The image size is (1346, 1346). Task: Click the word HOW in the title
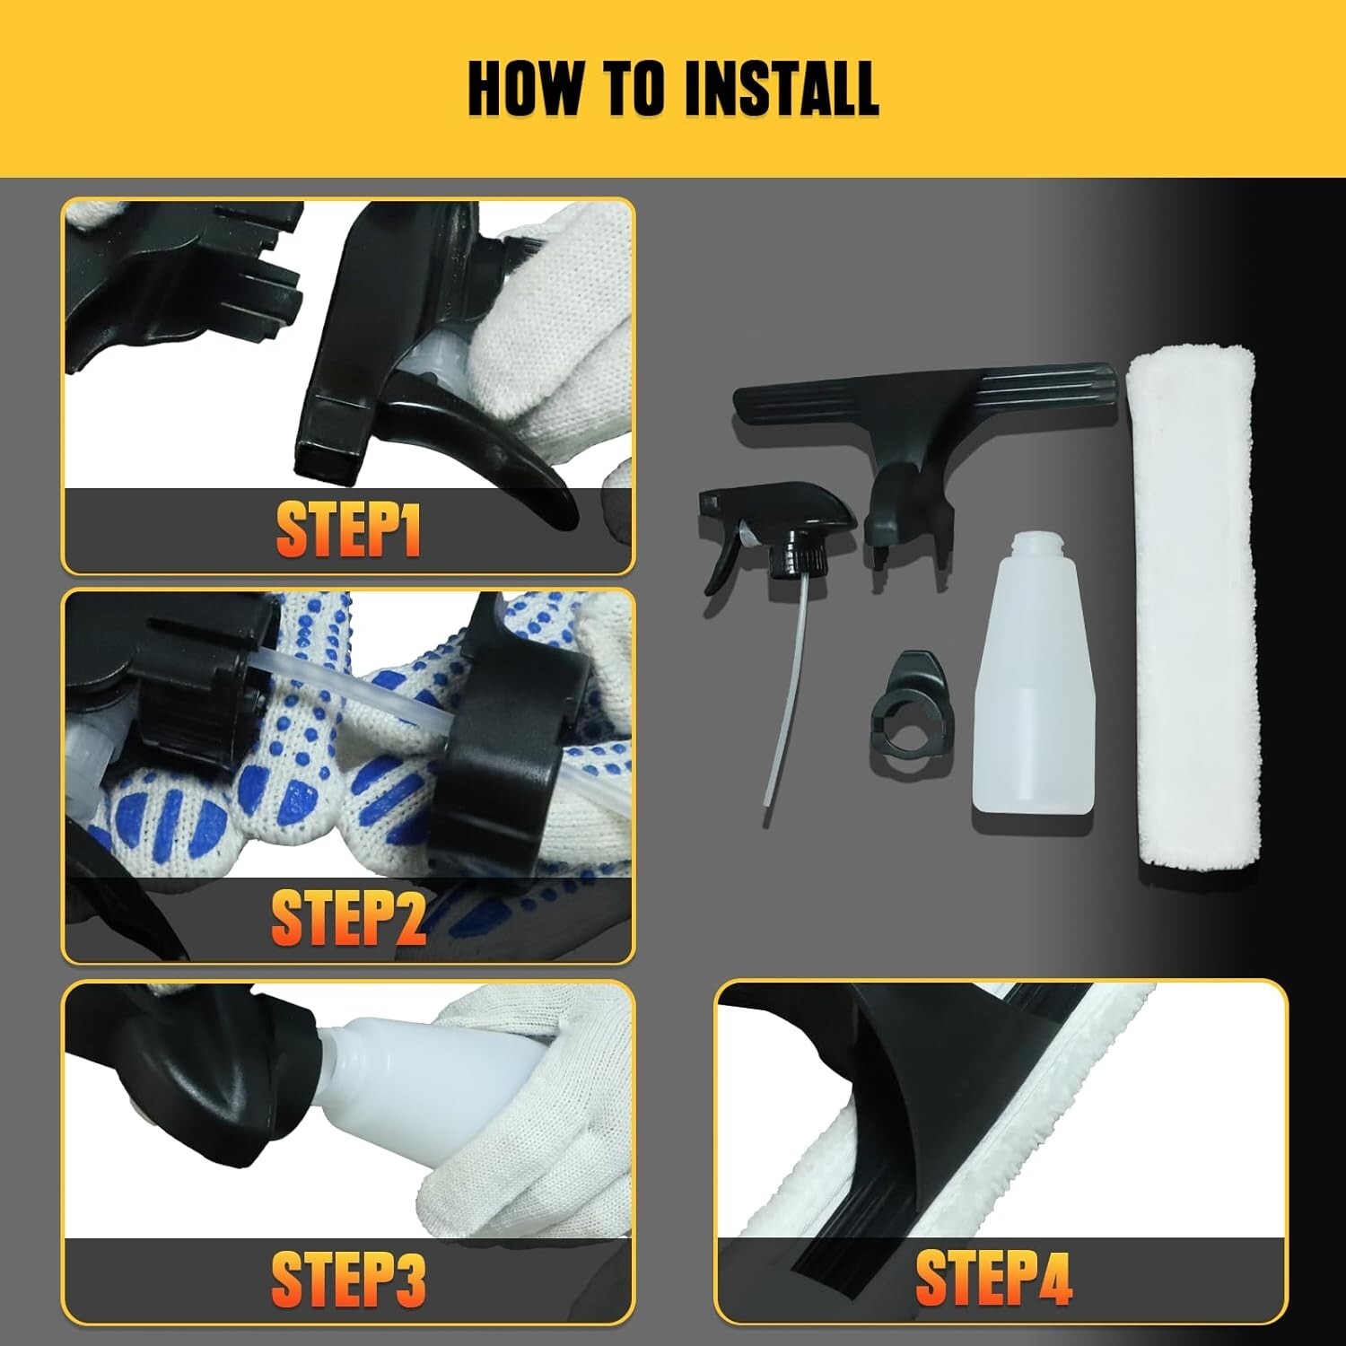[x=526, y=88]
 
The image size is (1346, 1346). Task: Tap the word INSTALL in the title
[x=781, y=88]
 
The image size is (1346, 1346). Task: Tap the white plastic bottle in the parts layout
[x=1032, y=682]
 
